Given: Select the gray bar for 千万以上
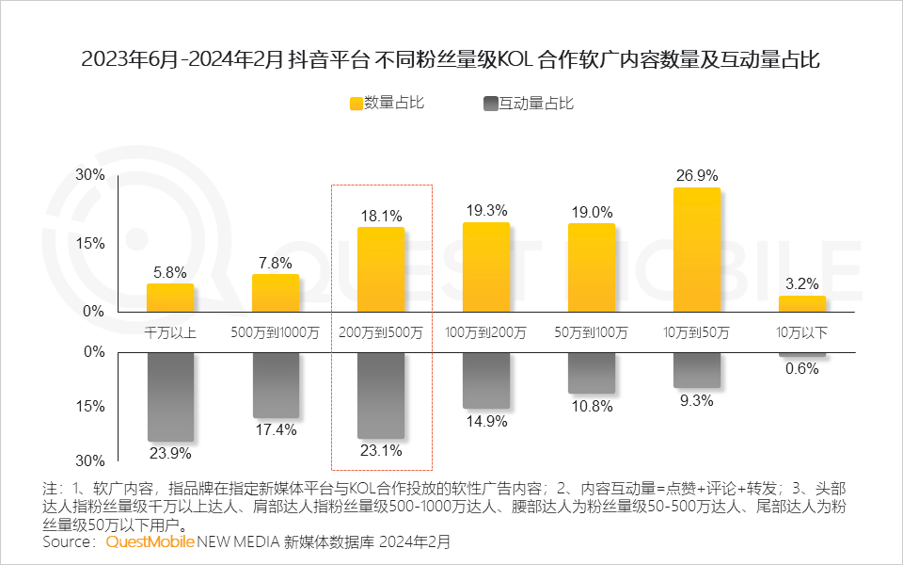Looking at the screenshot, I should tap(170, 396).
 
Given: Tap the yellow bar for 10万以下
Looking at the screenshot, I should tap(802, 303).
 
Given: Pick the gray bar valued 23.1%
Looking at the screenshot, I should tap(381, 395).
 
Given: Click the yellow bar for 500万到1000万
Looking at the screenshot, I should tap(276, 293).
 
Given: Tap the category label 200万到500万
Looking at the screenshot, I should tap(381, 332).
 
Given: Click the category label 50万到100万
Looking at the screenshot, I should tap(592, 332).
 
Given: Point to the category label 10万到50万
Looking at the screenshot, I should tap(697, 332).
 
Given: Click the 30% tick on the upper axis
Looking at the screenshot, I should tap(90, 175).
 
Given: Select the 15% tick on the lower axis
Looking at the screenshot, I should tap(90, 407).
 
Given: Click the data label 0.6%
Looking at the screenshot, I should tap(802, 369).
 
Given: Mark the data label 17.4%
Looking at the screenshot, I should tap(276, 429).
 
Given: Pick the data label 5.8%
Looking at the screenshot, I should tap(170, 271).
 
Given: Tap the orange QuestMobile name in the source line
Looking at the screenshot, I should tap(150, 542).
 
